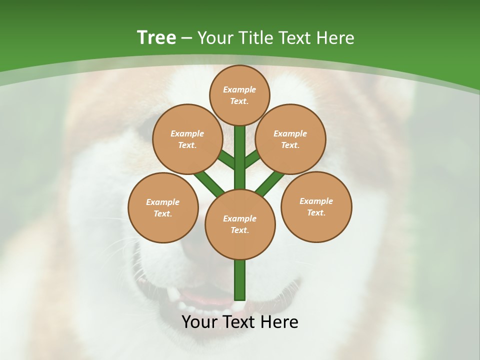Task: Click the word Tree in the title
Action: click(156, 38)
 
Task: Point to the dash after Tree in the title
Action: click(186, 38)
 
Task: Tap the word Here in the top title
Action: click(335, 38)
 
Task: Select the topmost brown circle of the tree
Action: click(239, 95)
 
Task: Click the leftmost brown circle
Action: click(163, 207)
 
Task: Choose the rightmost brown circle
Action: click(316, 206)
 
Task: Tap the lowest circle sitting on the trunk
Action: click(240, 224)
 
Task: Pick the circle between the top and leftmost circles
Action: click(187, 139)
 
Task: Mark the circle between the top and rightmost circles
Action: click(290, 139)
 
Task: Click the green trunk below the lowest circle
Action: click(240, 280)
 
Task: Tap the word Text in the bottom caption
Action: click(240, 322)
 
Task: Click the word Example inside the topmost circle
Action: click(239, 89)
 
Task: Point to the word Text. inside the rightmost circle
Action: click(316, 212)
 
